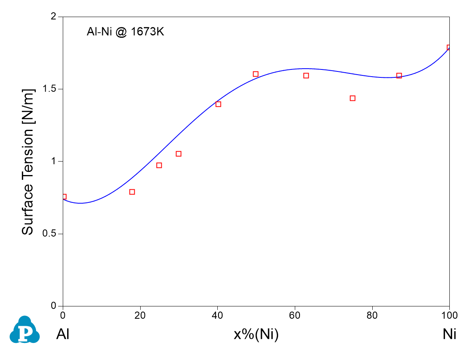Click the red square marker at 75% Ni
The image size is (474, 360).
click(352, 98)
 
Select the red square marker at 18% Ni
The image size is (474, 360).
click(132, 192)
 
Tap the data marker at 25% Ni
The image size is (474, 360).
click(159, 165)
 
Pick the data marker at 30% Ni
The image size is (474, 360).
click(178, 154)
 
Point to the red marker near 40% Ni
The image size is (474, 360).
click(218, 104)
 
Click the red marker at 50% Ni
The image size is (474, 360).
click(255, 74)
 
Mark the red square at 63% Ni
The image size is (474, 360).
click(306, 75)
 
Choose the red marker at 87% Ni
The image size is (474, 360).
click(399, 75)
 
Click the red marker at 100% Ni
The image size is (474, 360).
click(449, 48)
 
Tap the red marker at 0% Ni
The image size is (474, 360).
click(64, 196)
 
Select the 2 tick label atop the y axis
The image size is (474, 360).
click(55, 17)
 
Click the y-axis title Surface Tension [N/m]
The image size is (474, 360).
click(28, 161)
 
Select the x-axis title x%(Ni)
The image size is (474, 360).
click(256, 335)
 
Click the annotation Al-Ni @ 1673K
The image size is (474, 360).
click(125, 32)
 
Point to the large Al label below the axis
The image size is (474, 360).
click(63, 335)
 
